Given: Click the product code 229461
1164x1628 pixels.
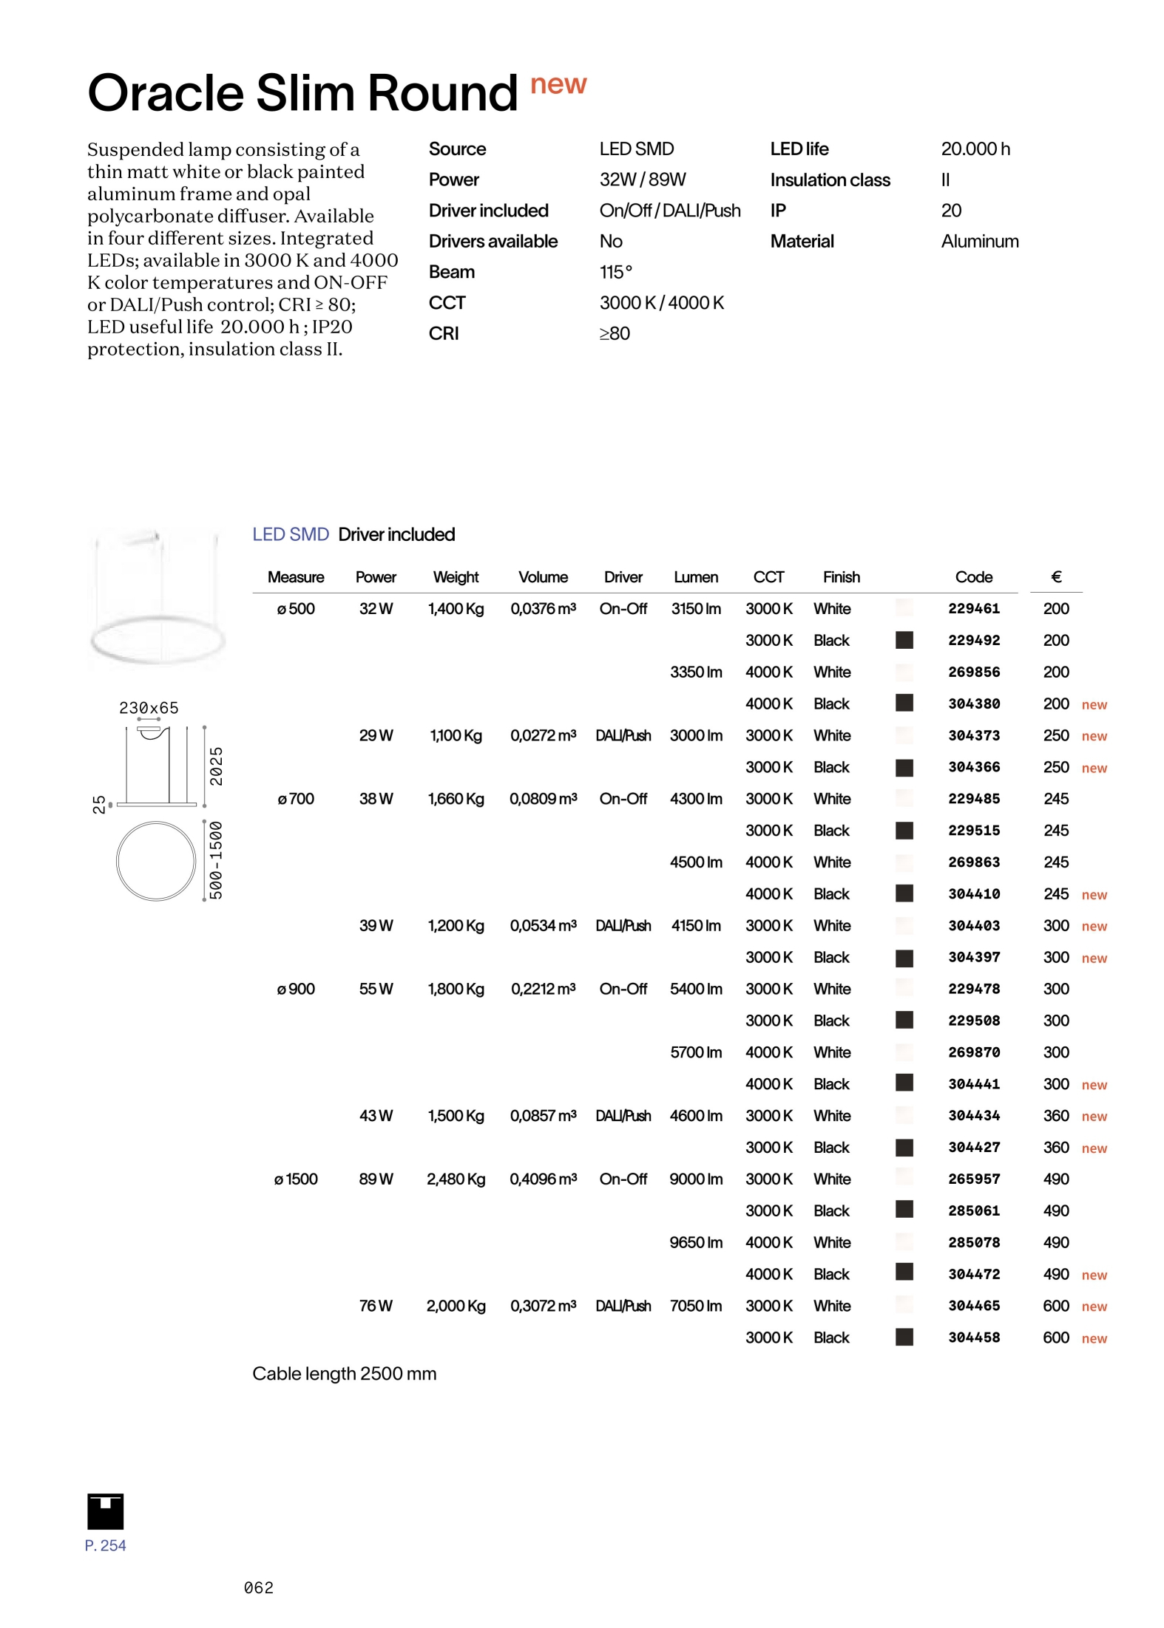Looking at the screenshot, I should (x=973, y=608).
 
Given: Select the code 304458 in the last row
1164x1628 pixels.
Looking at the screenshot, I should (x=973, y=1337).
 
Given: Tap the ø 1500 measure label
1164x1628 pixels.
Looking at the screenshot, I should (x=296, y=1179).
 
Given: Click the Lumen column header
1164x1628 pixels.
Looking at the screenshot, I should (x=695, y=576).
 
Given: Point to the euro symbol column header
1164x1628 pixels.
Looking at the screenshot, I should (x=1055, y=576).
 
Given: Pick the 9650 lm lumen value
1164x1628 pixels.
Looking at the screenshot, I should (x=695, y=1242).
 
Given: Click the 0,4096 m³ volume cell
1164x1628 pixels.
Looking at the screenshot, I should (x=543, y=1179).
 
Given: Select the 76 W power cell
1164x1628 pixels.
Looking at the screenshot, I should (x=376, y=1306).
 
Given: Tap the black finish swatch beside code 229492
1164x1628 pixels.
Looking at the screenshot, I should (x=904, y=640).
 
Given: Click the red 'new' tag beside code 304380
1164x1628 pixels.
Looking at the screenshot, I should (x=1094, y=704).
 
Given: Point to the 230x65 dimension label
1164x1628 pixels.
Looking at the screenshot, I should (x=149, y=707).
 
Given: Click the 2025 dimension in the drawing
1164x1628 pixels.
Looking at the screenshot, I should (x=216, y=766).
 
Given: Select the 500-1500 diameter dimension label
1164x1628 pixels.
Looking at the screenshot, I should (x=216, y=859).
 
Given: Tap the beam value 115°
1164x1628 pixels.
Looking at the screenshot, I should (x=615, y=272).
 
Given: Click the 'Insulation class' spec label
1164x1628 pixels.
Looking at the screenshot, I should (x=830, y=180).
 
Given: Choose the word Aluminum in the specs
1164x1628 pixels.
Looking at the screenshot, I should (x=979, y=241).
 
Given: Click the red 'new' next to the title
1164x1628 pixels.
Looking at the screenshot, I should (x=558, y=84).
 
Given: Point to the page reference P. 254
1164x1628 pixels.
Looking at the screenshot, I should (x=106, y=1545).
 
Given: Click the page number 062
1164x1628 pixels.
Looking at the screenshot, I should (x=259, y=1587).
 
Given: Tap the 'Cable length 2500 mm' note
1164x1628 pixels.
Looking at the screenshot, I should (x=344, y=1373).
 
